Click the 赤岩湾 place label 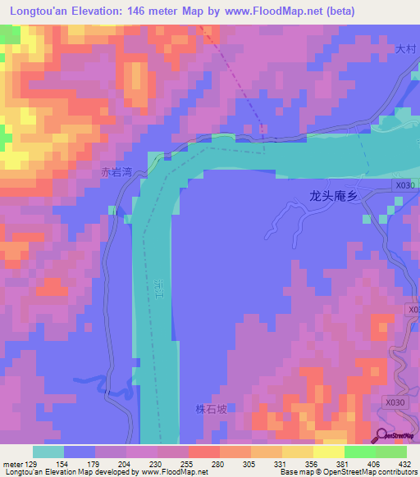(x=116, y=173)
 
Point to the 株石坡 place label (x=209, y=408)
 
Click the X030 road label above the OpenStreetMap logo (x=395, y=402)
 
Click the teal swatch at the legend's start (x=48, y=452)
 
